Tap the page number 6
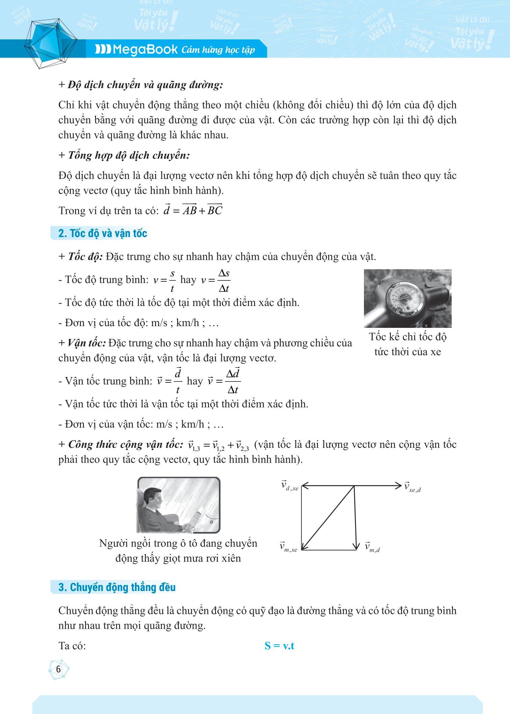[x=58, y=669]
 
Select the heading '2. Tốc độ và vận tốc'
[x=103, y=234]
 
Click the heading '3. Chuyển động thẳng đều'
[x=117, y=587]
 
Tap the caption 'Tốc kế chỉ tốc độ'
[x=408, y=337]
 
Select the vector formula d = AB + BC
[x=193, y=210]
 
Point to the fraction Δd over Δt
[x=233, y=381]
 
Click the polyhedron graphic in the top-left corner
[x=51, y=44]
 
